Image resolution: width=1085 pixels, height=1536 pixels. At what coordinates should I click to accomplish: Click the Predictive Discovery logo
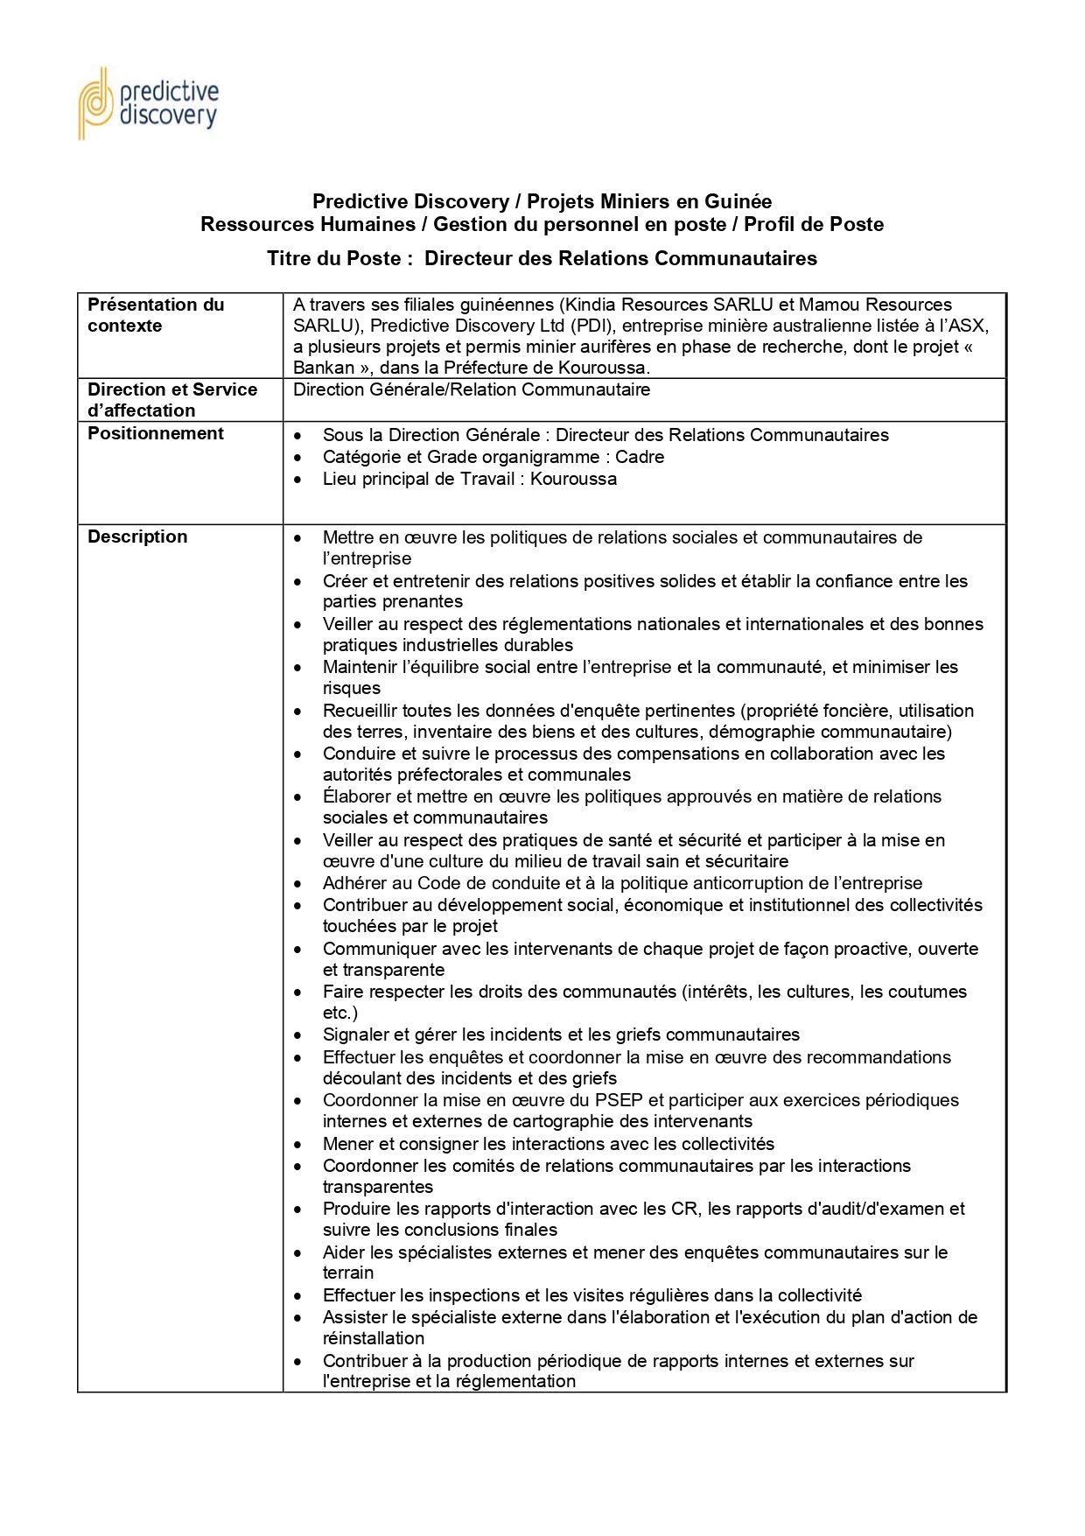(148, 103)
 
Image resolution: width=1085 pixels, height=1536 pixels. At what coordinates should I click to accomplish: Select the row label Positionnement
(156, 433)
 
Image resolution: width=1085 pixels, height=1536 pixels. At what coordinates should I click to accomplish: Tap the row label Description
(137, 537)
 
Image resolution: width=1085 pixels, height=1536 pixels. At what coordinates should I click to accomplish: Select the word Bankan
(324, 368)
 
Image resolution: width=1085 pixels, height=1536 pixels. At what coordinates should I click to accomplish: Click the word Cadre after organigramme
(640, 457)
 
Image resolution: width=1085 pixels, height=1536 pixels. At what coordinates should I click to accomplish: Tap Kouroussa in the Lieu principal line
(573, 479)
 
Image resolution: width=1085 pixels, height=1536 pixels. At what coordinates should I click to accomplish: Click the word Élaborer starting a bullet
(357, 796)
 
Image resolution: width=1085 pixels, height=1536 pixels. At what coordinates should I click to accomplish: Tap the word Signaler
(355, 1035)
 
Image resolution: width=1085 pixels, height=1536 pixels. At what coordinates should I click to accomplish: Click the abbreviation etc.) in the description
(339, 1013)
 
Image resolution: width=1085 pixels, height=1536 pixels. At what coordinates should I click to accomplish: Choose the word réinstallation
(374, 1338)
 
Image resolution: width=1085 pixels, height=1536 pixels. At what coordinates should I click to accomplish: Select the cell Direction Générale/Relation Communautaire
(472, 389)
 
